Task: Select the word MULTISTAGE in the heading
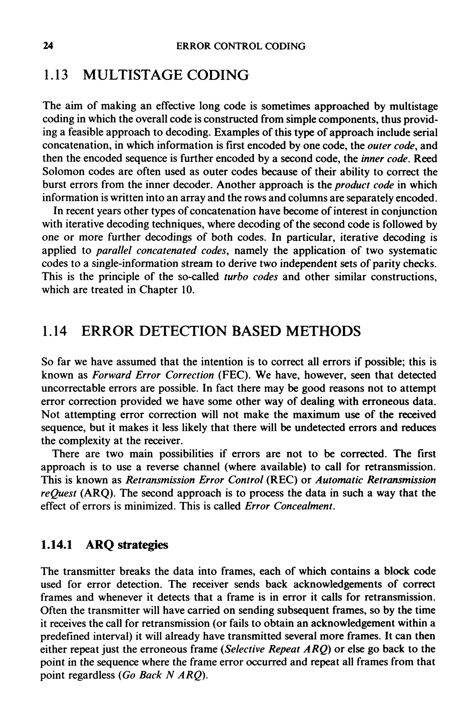click(132, 75)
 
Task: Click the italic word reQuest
click(59, 493)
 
